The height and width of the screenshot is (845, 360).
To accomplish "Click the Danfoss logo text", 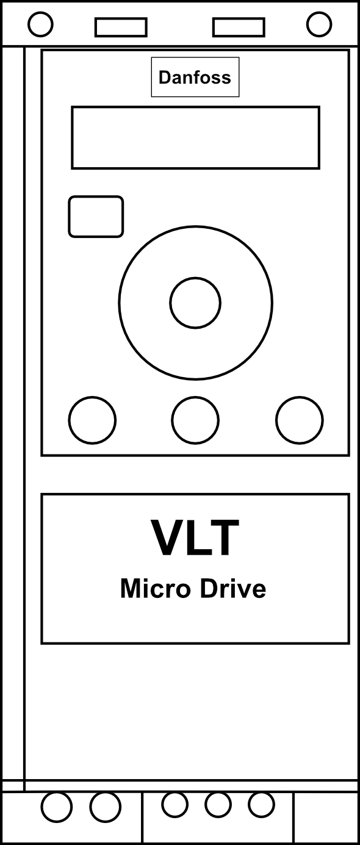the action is click(195, 77).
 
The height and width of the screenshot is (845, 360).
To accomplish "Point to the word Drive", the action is click(233, 589).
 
